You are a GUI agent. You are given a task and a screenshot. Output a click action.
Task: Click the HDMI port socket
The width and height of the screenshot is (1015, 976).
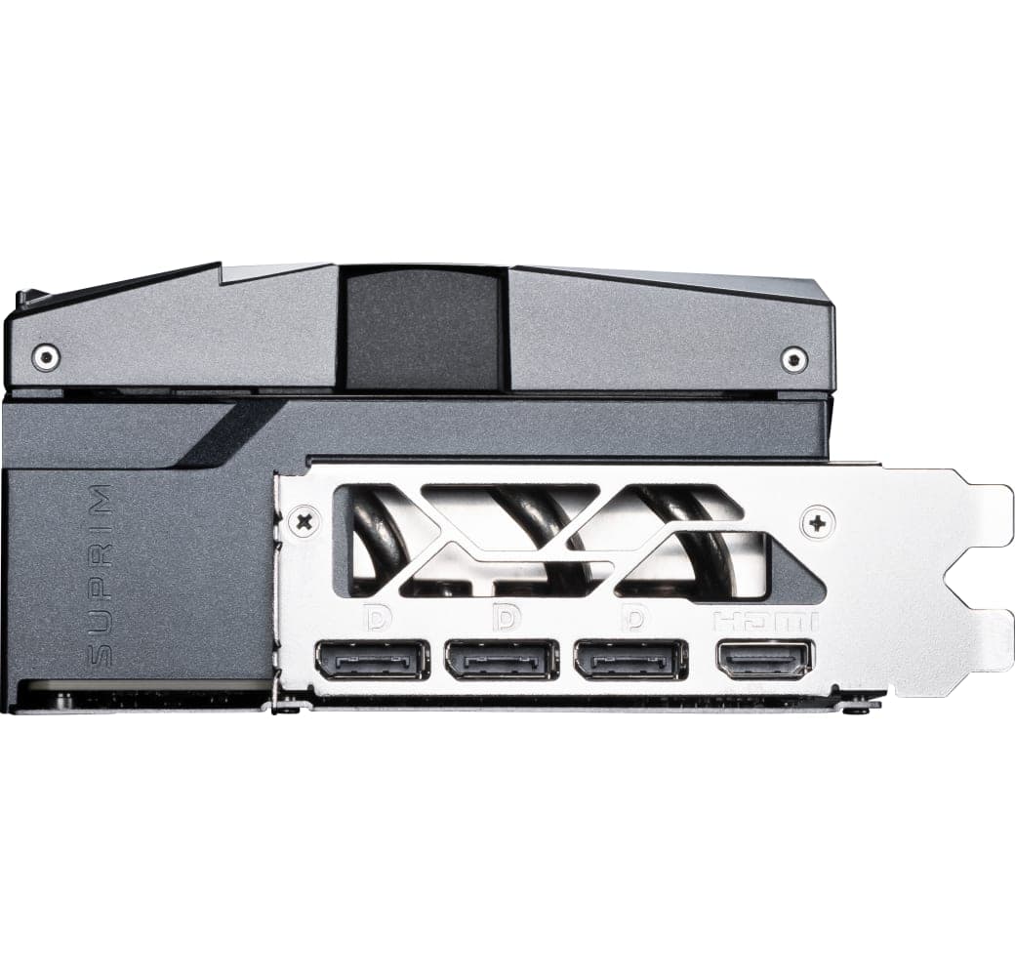click(764, 660)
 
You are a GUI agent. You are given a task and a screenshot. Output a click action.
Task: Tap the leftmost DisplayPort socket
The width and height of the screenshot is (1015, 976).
click(372, 660)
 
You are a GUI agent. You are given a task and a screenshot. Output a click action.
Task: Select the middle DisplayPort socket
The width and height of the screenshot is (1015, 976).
click(502, 660)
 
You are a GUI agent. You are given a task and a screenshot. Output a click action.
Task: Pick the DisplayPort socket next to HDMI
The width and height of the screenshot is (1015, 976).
click(631, 660)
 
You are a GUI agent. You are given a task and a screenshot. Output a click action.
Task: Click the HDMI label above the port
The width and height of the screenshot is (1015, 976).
click(764, 621)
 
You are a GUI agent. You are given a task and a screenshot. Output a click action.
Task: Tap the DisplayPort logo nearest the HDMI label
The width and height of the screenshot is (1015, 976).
click(635, 619)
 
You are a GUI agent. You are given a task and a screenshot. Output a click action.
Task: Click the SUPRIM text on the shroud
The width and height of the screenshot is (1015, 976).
click(101, 576)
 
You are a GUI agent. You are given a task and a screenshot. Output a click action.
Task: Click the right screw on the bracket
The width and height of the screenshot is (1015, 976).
click(817, 522)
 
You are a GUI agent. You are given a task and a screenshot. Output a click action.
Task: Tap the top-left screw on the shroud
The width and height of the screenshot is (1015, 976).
click(45, 357)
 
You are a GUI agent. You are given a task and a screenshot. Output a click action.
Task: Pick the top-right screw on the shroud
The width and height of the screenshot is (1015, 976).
click(794, 359)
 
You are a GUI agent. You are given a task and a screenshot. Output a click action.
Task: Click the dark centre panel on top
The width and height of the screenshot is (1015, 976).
click(424, 327)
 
